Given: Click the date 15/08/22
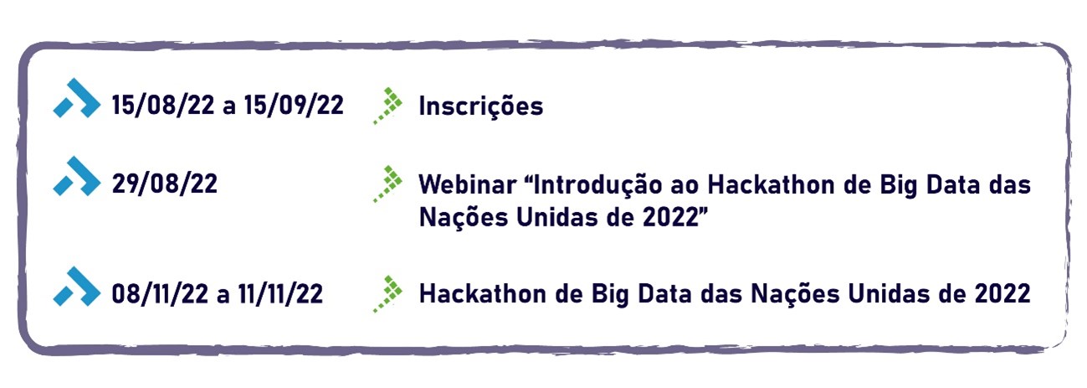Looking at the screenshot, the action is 163,105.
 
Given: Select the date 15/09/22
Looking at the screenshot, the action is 294,105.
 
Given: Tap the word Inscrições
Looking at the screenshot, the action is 481,106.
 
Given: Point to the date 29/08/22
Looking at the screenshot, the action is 165,184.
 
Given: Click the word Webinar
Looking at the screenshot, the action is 467,184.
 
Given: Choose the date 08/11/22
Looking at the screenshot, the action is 160,293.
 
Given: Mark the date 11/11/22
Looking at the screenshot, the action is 280,293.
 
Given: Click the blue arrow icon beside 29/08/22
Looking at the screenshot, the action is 77,176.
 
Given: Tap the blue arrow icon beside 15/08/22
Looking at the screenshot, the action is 77,98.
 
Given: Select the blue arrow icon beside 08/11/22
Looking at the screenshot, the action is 77,287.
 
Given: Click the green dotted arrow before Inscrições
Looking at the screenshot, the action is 387,106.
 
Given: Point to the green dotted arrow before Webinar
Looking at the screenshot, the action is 387,184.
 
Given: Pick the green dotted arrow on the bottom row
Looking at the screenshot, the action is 387,294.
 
